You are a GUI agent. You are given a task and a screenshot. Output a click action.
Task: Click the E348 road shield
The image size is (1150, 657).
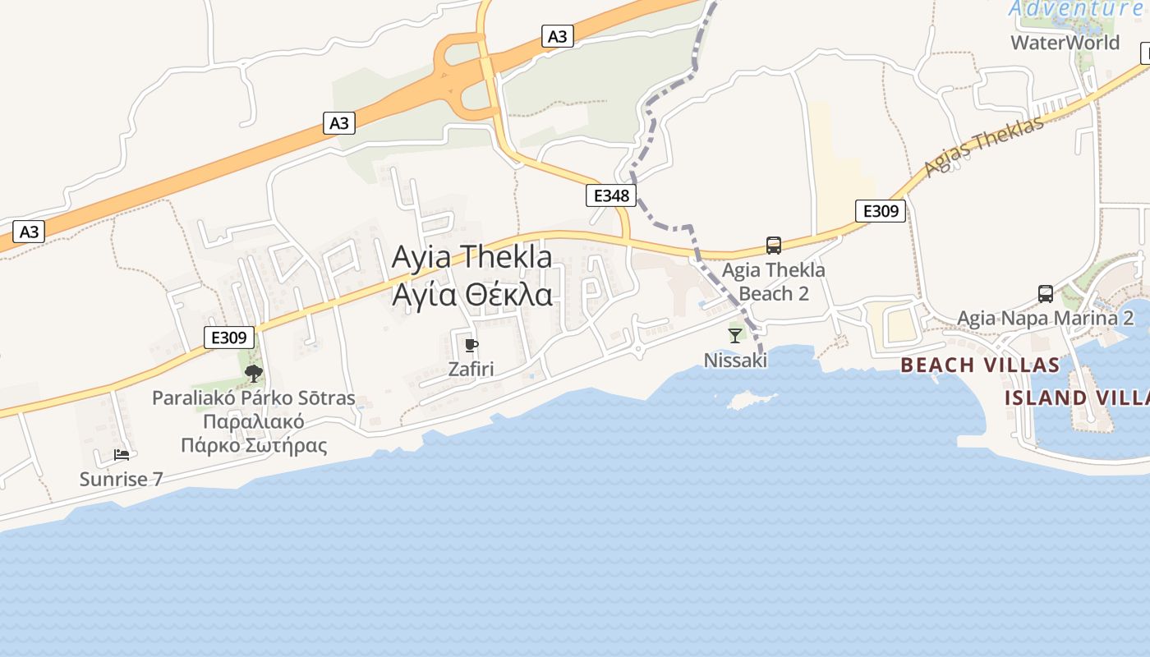point(612,195)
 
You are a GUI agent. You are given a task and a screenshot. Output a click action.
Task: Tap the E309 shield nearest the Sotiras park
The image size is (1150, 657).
point(229,337)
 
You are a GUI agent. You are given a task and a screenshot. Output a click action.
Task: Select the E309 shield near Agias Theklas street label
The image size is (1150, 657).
point(881,211)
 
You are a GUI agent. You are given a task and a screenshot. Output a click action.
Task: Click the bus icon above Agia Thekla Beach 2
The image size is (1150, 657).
point(773,245)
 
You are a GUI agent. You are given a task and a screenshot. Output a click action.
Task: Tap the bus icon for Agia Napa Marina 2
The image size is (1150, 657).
point(1045,293)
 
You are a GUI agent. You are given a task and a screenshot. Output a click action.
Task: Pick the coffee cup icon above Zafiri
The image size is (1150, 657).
point(471,345)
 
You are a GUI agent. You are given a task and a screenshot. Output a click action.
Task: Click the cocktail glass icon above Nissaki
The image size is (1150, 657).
point(735,335)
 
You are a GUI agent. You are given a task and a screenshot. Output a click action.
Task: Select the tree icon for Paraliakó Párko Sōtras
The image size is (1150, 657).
point(254,374)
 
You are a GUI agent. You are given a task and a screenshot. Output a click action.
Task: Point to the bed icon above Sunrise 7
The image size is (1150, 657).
point(122,455)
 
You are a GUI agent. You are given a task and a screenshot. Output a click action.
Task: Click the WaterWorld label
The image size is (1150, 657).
point(1065,43)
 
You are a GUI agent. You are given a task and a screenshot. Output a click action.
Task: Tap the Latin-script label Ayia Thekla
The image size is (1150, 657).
point(472,256)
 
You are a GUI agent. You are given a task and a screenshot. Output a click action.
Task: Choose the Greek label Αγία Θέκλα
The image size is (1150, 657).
point(472,294)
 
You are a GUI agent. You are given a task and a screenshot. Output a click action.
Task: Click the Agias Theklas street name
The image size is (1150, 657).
point(983,146)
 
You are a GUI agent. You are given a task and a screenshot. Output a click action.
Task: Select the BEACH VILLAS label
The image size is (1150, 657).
point(980,365)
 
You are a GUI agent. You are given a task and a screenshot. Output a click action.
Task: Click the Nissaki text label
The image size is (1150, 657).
point(735,360)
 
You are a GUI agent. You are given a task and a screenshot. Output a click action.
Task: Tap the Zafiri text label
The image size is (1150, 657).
point(471,369)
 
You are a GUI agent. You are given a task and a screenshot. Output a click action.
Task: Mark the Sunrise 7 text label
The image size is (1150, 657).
point(122,479)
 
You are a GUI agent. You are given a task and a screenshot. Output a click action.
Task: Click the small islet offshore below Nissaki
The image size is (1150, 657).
point(746,400)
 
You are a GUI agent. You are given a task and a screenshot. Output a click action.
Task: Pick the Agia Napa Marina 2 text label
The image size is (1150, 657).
point(1046,318)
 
